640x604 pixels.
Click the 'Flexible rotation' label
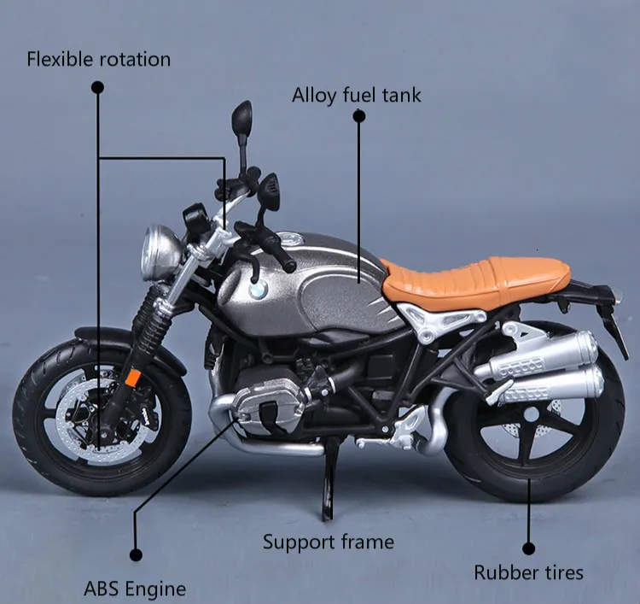pyautogui.click(x=98, y=60)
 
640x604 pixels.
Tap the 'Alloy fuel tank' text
pyautogui.click(x=357, y=94)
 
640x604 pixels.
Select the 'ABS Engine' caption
pyautogui.click(x=135, y=588)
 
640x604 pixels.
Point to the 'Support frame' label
pyautogui.click(x=328, y=542)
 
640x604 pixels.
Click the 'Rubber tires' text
pyautogui.click(x=529, y=572)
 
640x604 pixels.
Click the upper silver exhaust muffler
pyautogui.click(x=546, y=352)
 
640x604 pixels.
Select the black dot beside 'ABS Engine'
pyautogui.click(x=134, y=554)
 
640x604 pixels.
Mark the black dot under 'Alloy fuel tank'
pyautogui.click(x=358, y=119)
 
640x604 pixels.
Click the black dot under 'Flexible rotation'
pyautogui.click(x=97, y=86)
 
